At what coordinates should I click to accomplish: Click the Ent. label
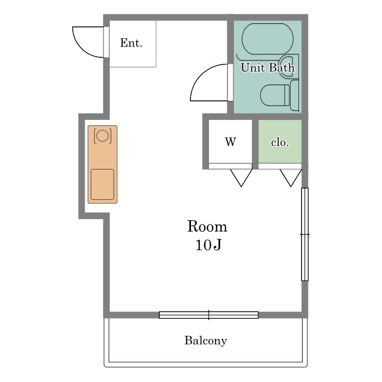pyautogui.click(x=131, y=43)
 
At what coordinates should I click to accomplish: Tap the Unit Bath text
pyautogui.click(x=267, y=67)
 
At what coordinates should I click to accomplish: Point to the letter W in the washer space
pyautogui.click(x=230, y=141)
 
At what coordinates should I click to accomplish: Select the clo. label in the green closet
pyautogui.click(x=280, y=142)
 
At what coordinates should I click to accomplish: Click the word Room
pyautogui.click(x=207, y=227)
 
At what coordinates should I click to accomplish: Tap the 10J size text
pyautogui.click(x=208, y=245)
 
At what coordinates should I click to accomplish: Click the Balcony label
pyautogui.click(x=205, y=341)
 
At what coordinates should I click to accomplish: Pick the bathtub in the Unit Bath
pyautogui.click(x=267, y=39)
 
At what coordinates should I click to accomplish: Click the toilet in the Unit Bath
pyautogui.click(x=275, y=95)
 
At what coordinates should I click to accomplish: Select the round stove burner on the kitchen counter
pyautogui.click(x=102, y=135)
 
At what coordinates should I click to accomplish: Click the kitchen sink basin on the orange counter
pyautogui.click(x=102, y=184)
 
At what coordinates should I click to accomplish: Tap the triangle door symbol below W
pyautogui.click(x=241, y=178)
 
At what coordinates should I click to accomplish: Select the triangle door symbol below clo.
pyautogui.click(x=291, y=178)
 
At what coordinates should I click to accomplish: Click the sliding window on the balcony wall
pyautogui.click(x=208, y=315)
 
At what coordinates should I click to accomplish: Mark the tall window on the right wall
pyautogui.click(x=305, y=235)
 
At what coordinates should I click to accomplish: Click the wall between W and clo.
pyautogui.click(x=255, y=144)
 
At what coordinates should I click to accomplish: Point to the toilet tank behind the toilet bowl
pyautogui.click(x=294, y=95)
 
